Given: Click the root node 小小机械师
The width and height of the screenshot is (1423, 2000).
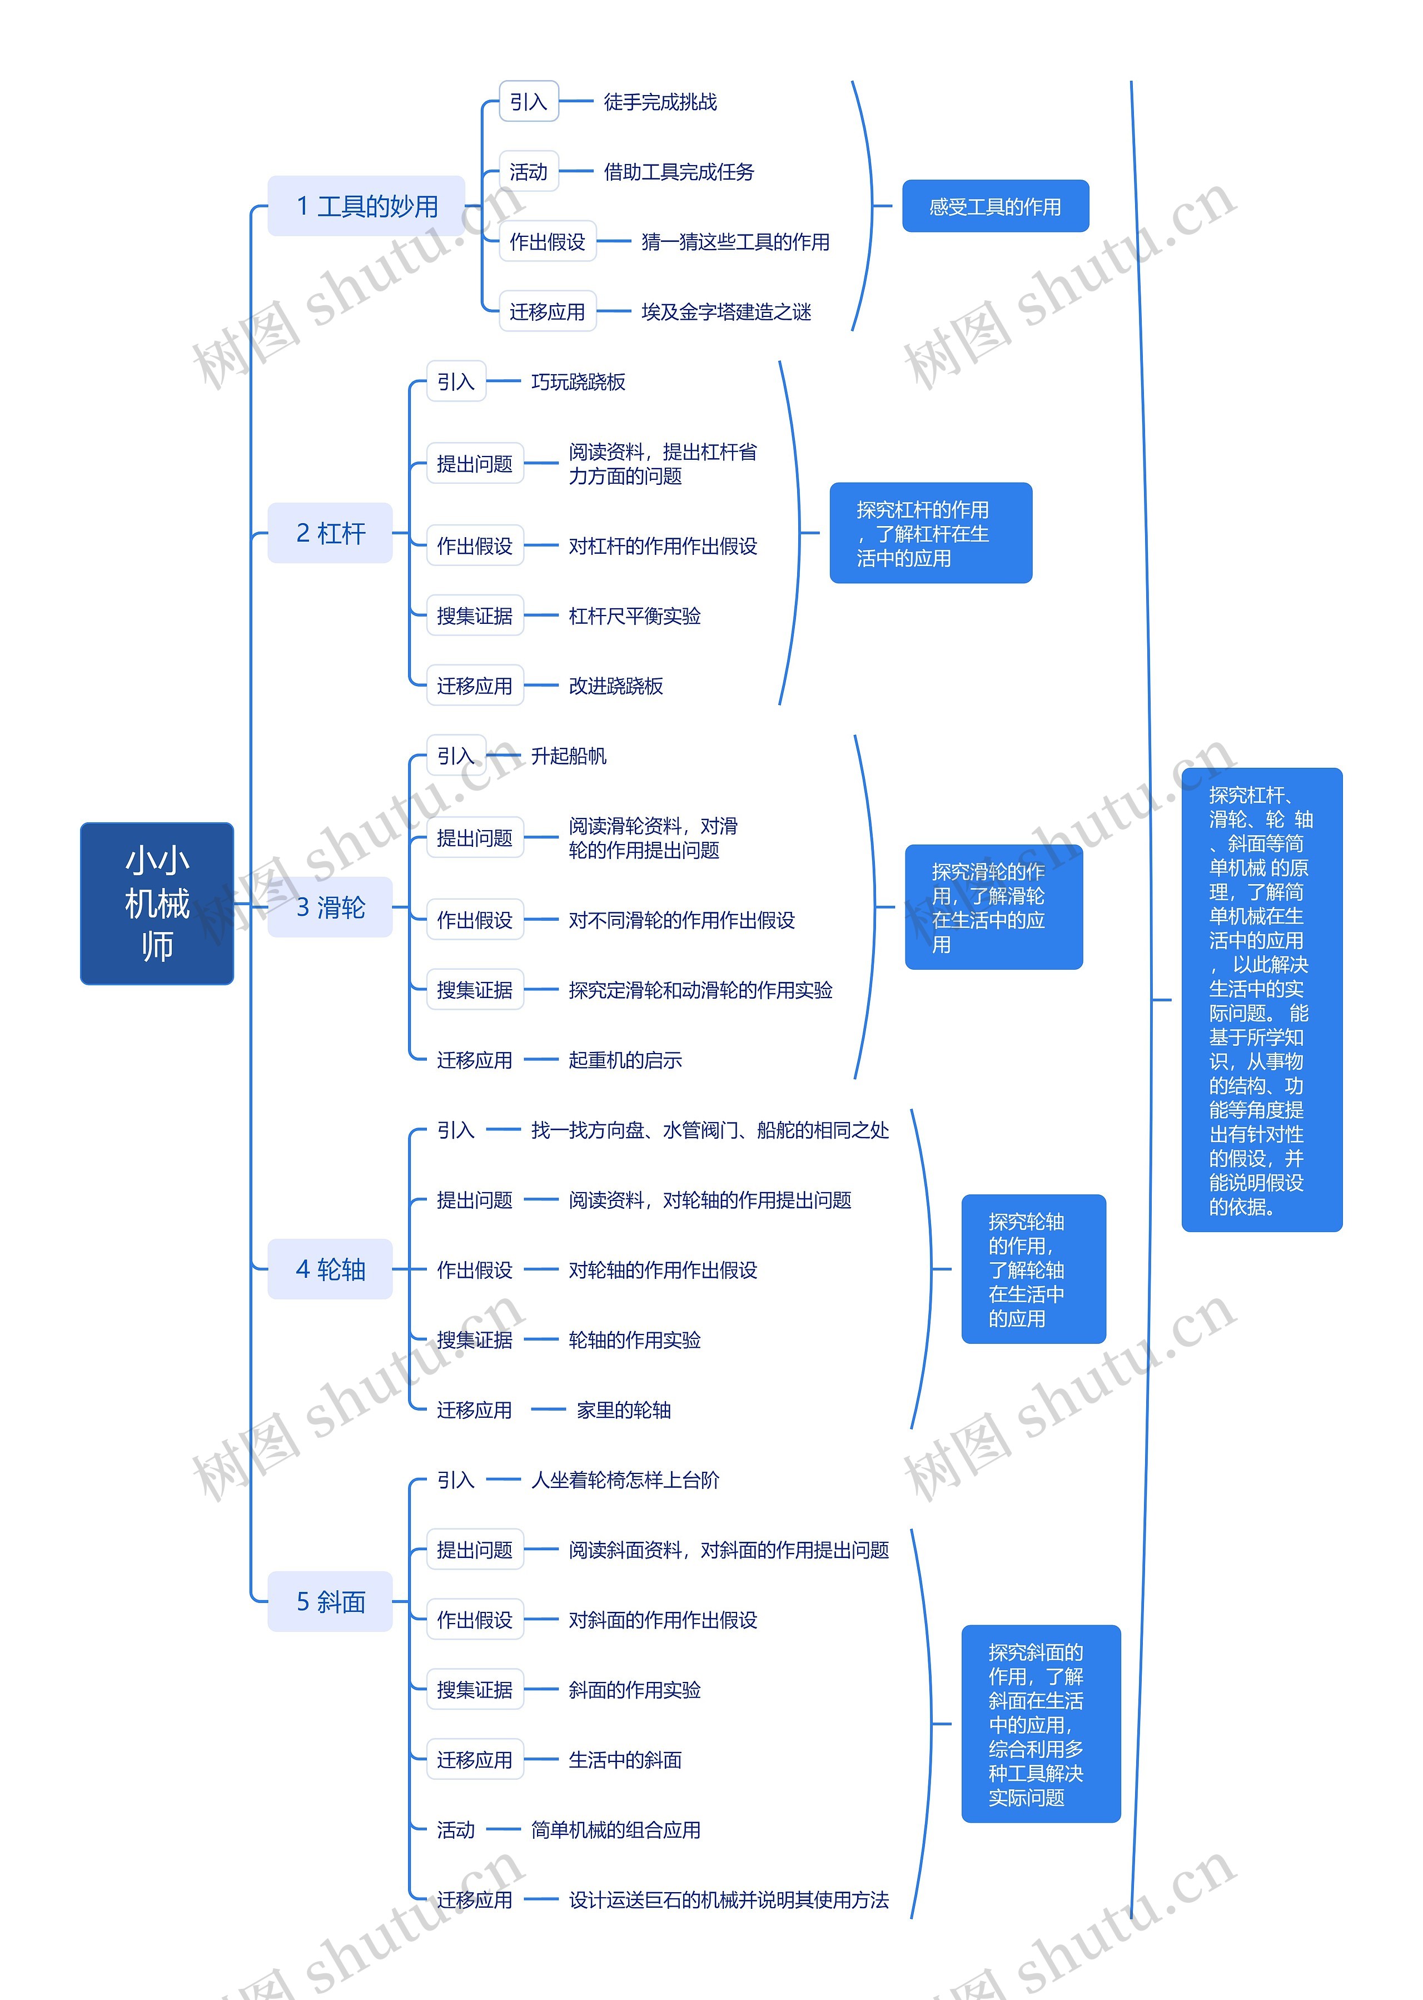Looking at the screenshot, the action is [x=157, y=903].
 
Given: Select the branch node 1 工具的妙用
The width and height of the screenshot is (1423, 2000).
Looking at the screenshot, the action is [x=366, y=206].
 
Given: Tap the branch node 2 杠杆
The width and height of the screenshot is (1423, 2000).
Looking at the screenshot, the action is [x=330, y=533].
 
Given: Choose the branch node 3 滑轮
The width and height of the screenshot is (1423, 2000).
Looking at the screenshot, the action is [x=330, y=907].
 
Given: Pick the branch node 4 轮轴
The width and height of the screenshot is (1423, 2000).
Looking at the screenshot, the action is [x=330, y=1269].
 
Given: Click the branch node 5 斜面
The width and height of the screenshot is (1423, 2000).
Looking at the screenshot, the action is [x=330, y=1601].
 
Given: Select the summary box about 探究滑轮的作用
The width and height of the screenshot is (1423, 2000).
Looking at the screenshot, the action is [x=994, y=907].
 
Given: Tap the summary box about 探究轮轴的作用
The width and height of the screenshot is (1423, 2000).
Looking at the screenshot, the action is [x=1033, y=1269].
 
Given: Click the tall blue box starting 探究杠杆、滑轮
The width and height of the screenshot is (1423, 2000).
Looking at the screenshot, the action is [x=1261, y=1000].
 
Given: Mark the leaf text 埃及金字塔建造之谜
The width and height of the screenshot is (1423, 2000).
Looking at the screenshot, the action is [x=727, y=312].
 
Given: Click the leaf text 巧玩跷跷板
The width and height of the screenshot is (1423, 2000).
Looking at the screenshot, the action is [x=578, y=382].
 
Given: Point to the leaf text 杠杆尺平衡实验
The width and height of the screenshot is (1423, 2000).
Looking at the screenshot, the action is [x=634, y=616].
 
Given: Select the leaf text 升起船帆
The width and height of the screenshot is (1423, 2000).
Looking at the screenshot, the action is [x=569, y=756].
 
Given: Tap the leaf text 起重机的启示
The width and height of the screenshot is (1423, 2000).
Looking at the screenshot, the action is [x=625, y=1060].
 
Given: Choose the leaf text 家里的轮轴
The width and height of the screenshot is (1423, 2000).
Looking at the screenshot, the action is [x=624, y=1410].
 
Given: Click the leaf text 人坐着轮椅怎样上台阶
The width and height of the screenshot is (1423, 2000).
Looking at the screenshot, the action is [x=625, y=1480].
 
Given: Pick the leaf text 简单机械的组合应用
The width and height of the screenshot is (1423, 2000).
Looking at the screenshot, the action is [x=616, y=1830].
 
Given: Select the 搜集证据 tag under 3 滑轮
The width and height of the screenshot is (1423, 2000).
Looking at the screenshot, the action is [x=475, y=990].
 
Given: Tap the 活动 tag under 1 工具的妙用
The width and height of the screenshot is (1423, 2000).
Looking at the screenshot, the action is [x=529, y=172].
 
